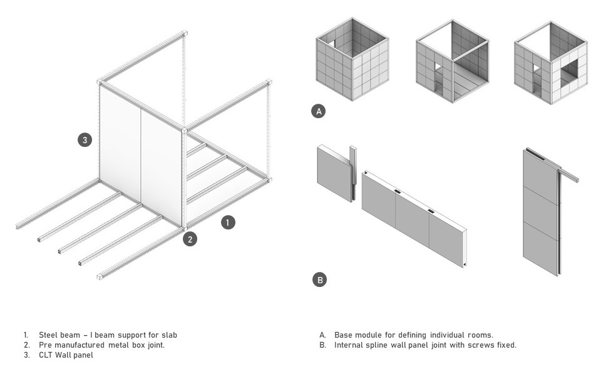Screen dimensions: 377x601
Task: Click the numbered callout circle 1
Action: point(228,222)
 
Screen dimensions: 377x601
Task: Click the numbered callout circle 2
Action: point(190,238)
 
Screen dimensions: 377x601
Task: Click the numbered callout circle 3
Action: point(85,140)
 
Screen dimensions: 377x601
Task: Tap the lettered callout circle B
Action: point(319,279)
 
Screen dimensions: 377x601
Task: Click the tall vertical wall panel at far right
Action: point(541,213)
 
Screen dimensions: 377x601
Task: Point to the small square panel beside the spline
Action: point(334,173)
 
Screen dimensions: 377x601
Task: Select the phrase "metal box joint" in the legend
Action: point(135,345)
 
